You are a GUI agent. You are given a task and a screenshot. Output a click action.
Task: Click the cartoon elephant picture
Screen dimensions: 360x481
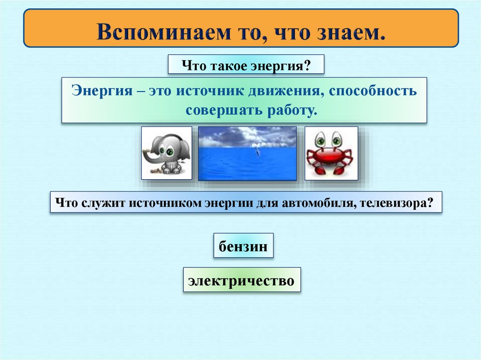[x=167, y=153]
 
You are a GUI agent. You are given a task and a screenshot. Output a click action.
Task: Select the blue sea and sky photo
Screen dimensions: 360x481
[x=248, y=153]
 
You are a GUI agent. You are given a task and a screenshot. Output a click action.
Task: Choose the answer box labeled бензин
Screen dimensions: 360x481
[x=243, y=246]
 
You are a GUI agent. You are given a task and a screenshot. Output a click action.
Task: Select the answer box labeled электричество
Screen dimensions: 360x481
[x=241, y=281]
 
